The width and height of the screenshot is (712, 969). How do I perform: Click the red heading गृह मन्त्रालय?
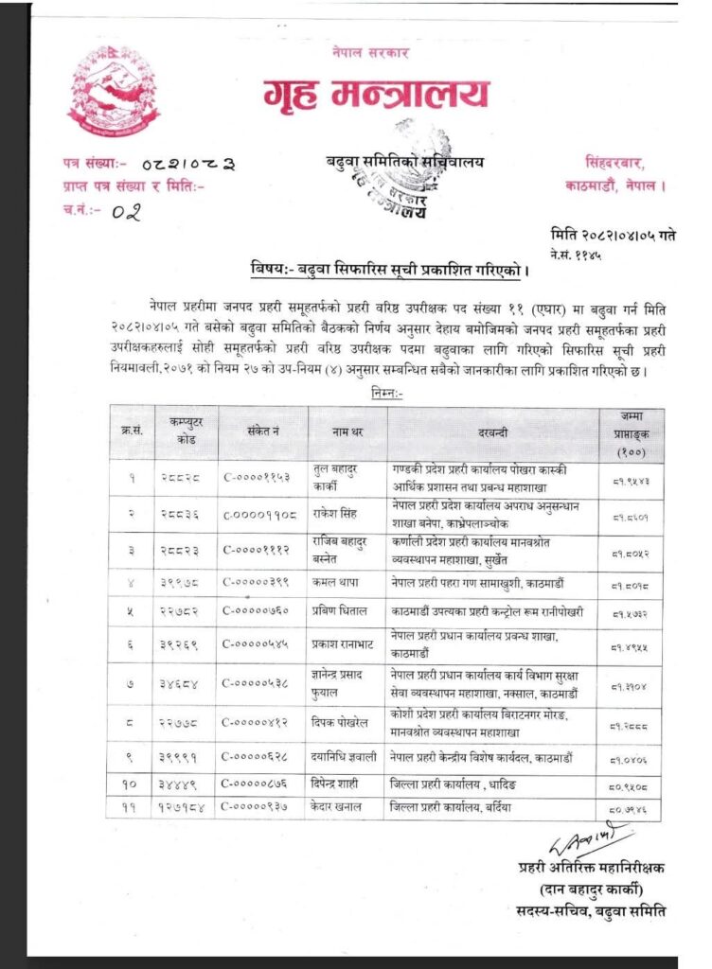(376, 94)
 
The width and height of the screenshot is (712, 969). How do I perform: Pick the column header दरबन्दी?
(492, 433)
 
